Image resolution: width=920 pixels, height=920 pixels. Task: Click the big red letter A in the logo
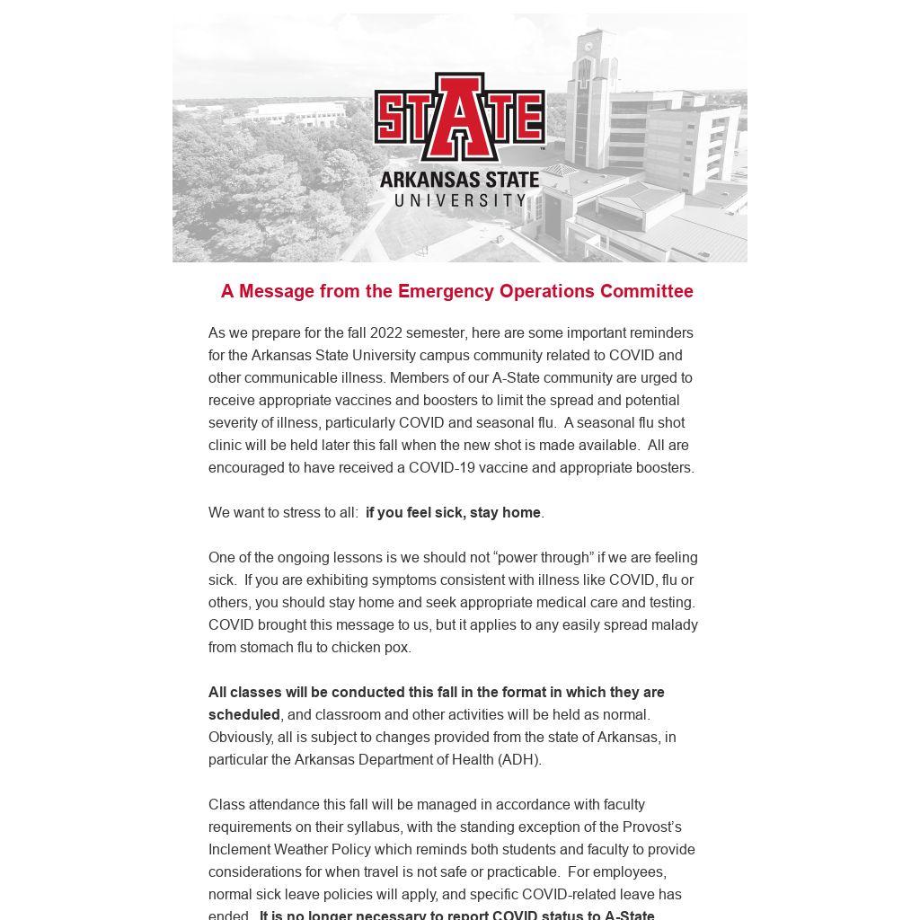point(460,117)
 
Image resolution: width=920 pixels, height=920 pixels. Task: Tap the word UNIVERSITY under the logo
point(460,199)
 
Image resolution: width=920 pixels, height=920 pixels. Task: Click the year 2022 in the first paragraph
point(385,332)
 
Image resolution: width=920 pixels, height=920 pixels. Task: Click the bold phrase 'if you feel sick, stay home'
point(453,512)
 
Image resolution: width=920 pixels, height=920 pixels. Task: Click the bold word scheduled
point(244,714)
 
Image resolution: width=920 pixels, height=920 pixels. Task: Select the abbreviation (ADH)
point(519,759)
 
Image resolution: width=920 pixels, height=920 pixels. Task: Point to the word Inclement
point(239,849)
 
